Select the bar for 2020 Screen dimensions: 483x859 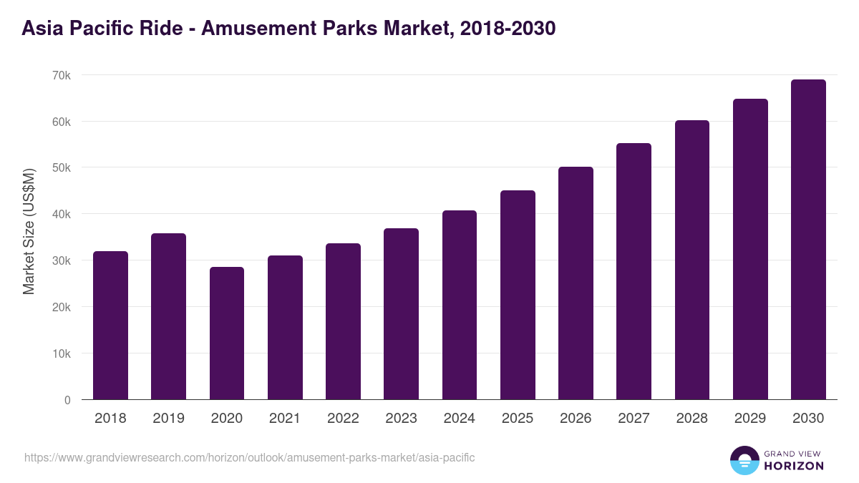(227, 333)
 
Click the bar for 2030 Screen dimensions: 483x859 (808, 240)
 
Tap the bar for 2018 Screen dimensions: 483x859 (110, 326)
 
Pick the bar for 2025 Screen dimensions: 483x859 (518, 295)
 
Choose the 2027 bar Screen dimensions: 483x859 (634, 271)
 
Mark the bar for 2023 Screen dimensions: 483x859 (401, 314)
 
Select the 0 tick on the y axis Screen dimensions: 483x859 (67, 400)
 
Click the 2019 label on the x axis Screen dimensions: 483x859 (168, 419)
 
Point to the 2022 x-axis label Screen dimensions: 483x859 (343, 419)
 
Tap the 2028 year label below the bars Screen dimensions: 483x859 (692, 419)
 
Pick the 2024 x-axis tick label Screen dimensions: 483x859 (459, 419)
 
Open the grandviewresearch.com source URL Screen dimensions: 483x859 (249, 457)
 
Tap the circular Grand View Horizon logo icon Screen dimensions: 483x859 (744, 461)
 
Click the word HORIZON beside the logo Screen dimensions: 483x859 (793, 466)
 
